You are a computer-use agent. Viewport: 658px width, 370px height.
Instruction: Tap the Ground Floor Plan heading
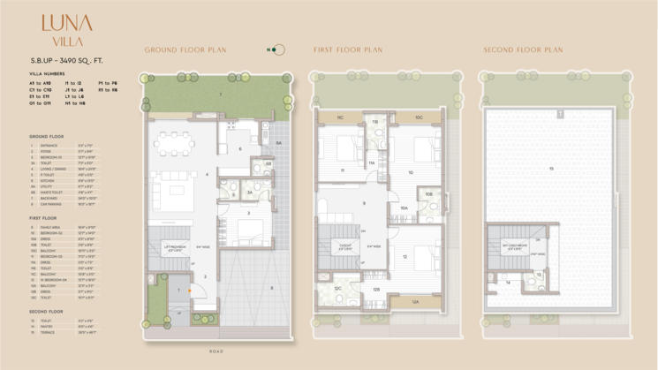click(x=185, y=50)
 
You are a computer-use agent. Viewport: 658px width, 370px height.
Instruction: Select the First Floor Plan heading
click(x=348, y=50)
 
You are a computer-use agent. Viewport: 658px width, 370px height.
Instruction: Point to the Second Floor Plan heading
click(x=523, y=50)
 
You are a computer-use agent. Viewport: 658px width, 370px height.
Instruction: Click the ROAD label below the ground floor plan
click(x=216, y=351)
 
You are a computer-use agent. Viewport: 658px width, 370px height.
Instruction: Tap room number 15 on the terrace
click(x=552, y=168)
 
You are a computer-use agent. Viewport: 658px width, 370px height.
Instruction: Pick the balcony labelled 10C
click(x=419, y=117)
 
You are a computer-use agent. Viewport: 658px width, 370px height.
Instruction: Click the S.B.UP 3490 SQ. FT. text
click(x=64, y=59)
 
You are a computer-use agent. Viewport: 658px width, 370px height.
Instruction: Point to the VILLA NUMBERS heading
click(x=46, y=74)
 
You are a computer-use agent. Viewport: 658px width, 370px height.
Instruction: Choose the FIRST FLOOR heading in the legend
click(x=44, y=216)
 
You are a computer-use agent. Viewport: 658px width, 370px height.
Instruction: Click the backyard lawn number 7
click(x=221, y=94)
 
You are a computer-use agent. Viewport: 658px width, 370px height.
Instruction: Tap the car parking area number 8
click(x=271, y=287)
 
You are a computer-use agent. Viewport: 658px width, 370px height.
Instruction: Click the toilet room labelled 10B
click(x=428, y=194)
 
